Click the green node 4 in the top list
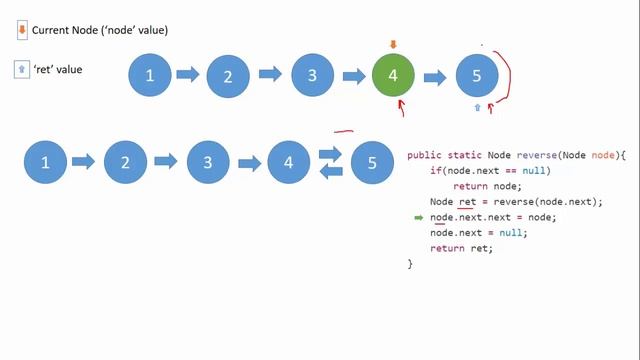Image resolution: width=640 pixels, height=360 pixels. coord(393,76)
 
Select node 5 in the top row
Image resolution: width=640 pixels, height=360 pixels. coord(477,76)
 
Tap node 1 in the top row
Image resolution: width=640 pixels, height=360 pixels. coord(151,76)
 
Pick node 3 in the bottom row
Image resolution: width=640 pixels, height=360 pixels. coord(207,162)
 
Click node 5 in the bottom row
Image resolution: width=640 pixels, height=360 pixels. coord(372,162)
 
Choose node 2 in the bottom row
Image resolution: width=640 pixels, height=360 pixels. coord(125,162)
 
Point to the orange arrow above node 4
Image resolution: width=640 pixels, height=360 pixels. coord(393,44)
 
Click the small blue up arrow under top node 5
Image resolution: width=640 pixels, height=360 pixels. coord(477,106)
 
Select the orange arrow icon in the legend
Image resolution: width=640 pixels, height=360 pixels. coord(22,30)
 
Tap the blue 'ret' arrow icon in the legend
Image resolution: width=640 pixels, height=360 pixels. coord(22,69)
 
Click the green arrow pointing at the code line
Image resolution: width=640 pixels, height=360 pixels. coord(419,217)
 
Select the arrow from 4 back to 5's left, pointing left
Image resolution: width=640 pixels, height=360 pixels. coord(331,171)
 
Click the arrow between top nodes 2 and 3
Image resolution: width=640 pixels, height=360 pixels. coord(270,74)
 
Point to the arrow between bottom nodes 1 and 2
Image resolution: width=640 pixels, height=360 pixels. coord(83,161)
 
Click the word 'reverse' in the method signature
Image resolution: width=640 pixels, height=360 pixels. coord(537,155)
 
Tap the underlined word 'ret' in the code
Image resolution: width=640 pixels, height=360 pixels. coord(466,201)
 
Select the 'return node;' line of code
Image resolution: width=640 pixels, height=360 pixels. coord(487,186)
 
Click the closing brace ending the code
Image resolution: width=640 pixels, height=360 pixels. coord(410,263)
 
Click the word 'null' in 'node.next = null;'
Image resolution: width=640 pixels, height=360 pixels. coord(511,232)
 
